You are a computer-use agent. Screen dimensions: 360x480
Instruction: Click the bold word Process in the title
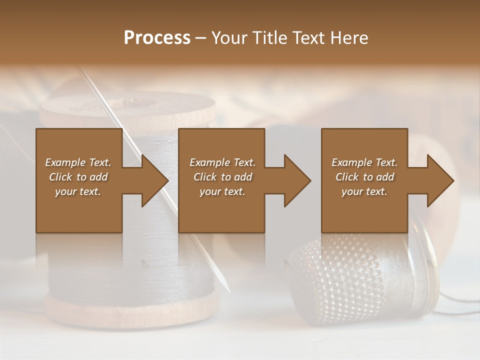coord(157,37)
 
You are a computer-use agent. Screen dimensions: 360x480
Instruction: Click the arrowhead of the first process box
coord(155,180)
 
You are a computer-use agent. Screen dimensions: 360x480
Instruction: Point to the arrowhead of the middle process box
coord(297,180)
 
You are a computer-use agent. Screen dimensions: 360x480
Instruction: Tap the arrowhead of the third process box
coord(440,180)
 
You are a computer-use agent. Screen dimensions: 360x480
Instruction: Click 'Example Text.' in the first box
coord(78,162)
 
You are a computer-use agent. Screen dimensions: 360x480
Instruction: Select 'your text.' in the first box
coord(78,191)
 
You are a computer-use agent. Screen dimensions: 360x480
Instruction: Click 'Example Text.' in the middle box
coord(222,162)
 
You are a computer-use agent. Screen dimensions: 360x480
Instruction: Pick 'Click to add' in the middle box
coord(222,177)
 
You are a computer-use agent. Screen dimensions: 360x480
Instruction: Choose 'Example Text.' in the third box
coord(364,162)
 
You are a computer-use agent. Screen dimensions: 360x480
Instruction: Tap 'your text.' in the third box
coord(364,191)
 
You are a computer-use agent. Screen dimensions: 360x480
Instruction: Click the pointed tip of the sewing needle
coord(228,291)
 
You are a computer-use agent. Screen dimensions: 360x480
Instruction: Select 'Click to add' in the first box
coord(78,177)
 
